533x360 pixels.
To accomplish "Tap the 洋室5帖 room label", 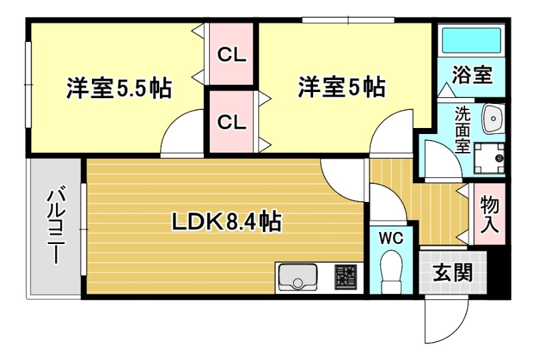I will [340, 87].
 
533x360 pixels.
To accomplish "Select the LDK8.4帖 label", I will [226, 221].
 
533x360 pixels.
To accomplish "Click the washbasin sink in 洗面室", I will [494, 118].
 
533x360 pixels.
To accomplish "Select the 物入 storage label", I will [490, 213].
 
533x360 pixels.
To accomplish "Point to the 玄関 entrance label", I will [452, 273].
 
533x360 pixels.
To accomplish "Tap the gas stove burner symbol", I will [346, 277].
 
